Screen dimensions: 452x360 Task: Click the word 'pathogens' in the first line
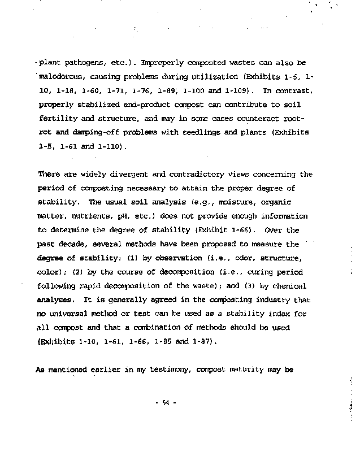click(79, 63)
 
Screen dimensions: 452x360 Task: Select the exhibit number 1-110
click(110, 147)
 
